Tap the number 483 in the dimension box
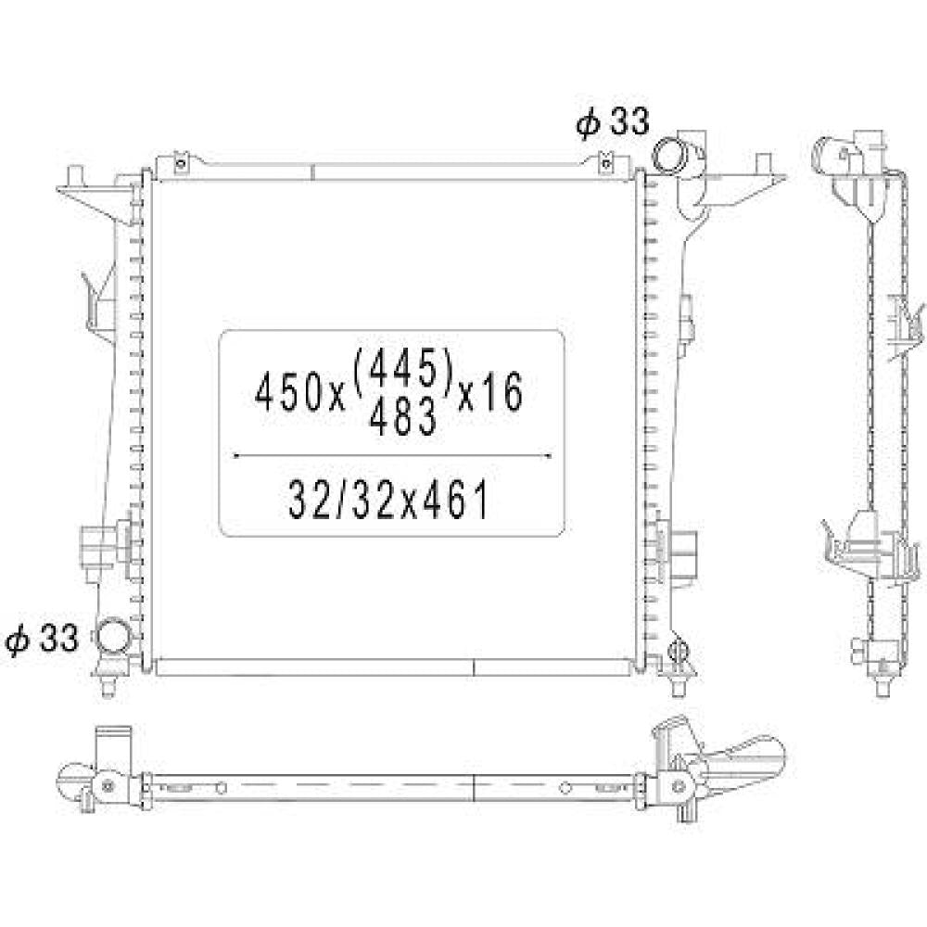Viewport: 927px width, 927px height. click(402, 417)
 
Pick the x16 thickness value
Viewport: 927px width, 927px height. click(490, 392)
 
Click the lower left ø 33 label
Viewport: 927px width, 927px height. click(42, 639)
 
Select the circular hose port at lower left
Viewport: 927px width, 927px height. click(113, 635)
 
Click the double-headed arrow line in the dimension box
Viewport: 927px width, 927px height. click(392, 456)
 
